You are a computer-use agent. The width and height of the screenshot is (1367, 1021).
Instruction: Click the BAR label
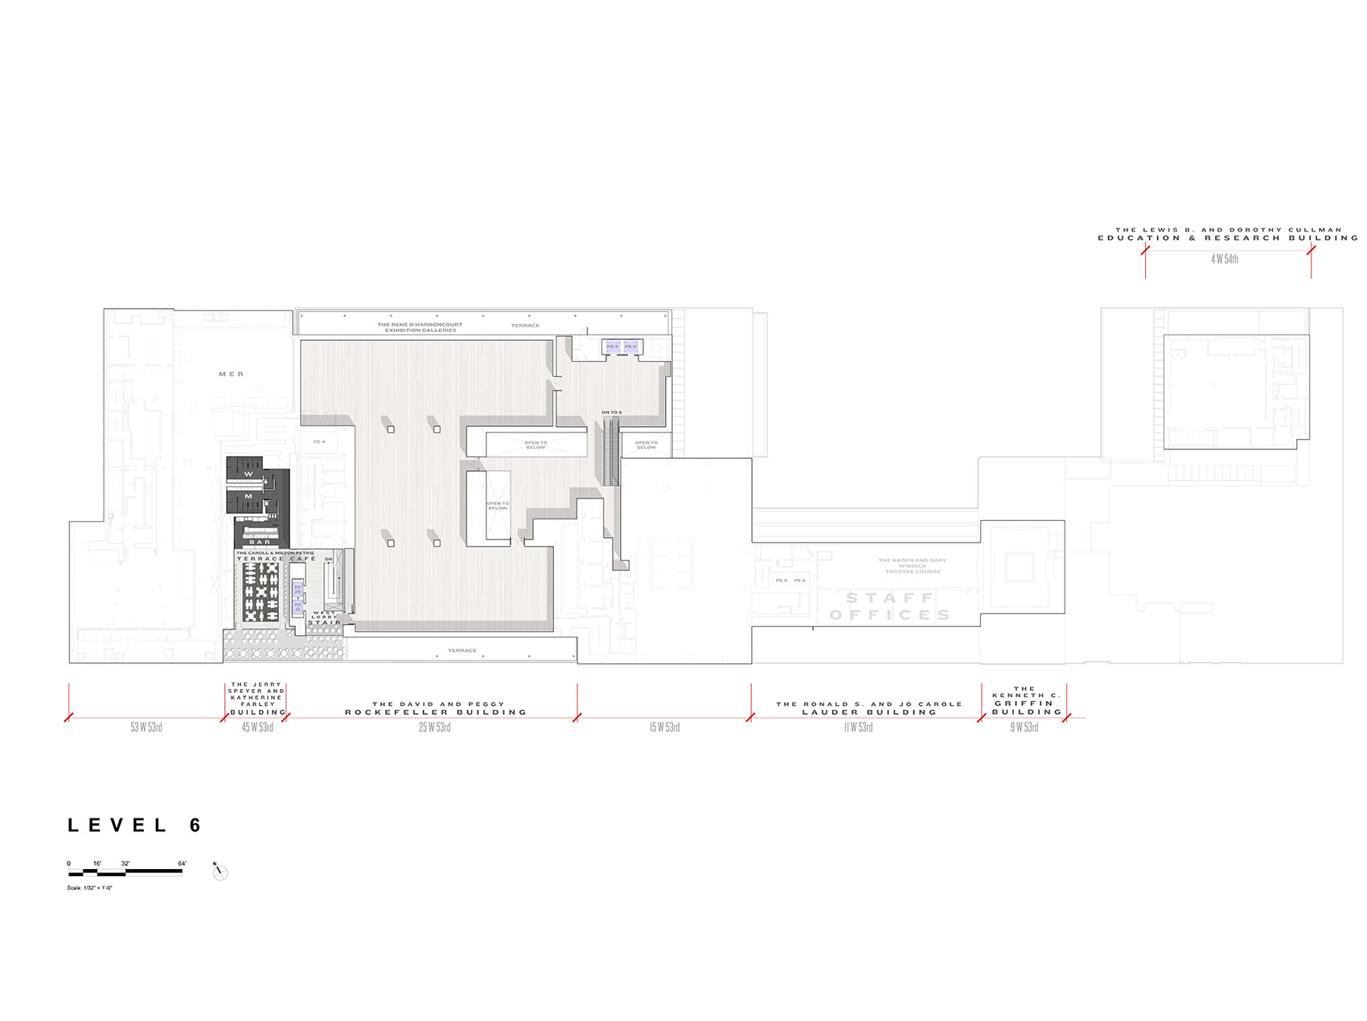[x=260, y=542]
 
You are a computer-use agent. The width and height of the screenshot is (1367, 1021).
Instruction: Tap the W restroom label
[x=248, y=474]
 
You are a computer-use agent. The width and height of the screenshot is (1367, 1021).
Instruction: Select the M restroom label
[x=248, y=497]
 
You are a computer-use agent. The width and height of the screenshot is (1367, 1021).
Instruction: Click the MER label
[x=231, y=375]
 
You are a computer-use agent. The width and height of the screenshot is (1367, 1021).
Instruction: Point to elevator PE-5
[x=613, y=346]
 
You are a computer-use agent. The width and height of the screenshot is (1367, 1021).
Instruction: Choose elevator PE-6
[x=630, y=346]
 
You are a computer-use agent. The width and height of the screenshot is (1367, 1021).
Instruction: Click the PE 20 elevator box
[x=298, y=589]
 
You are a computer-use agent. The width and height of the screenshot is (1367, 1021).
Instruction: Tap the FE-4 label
[x=319, y=442]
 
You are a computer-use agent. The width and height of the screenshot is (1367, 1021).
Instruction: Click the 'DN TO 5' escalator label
[x=611, y=412]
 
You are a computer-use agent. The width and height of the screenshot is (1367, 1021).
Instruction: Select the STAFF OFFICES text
[x=890, y=606]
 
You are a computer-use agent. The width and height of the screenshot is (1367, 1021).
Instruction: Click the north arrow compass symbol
[x=220, y=871]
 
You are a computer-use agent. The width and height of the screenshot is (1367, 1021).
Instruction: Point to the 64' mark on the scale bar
[x=182, y=863]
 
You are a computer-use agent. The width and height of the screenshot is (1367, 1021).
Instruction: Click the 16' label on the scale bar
[x=97, y=863]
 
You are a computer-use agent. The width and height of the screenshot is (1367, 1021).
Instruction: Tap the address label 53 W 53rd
[x=146, y=728]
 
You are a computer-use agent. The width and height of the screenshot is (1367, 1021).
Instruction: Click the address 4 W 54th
[x=1225, y=259]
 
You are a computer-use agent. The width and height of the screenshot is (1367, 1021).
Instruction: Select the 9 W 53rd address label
[x=1024, y=728]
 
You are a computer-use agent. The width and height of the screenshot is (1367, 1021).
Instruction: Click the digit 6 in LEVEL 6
[x=195, y=826]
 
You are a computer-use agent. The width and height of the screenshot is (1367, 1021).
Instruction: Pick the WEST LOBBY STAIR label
[x=325, y=617]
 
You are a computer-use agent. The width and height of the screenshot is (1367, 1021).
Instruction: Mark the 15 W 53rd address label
[x=664, y=728]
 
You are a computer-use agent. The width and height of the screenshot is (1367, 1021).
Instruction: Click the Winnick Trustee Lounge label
[x=913, y=566]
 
